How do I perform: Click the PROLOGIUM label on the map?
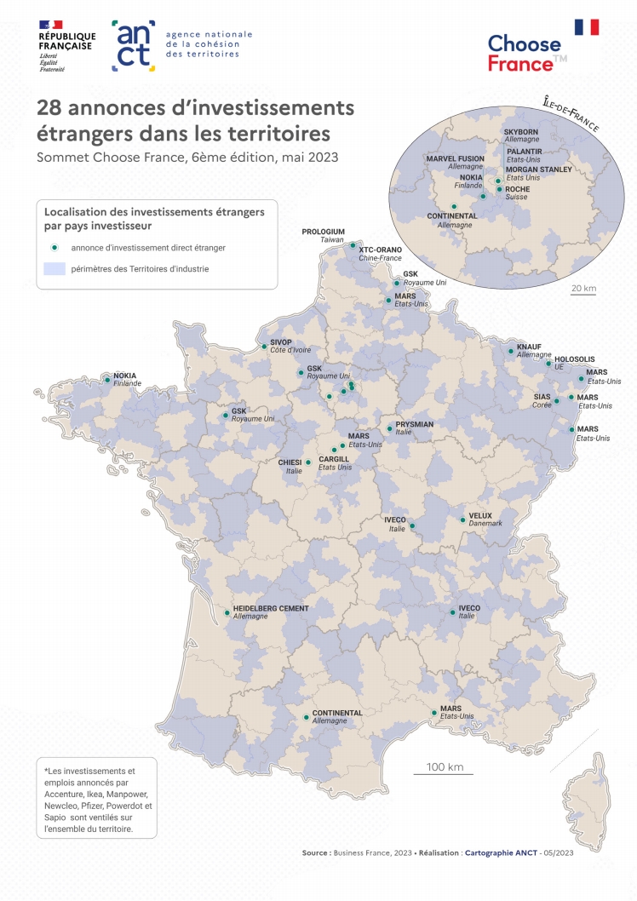coord(324,232)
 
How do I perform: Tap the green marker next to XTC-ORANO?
coord(353,245)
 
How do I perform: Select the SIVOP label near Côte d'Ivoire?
coord(281,342)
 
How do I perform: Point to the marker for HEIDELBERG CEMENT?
coord(227,612)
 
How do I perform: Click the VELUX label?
coord(480,515)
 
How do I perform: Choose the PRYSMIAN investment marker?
coord(389,428)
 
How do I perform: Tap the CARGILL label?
coord(335,459)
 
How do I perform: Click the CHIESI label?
coord(290,462)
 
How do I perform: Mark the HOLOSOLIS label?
coord(574,359)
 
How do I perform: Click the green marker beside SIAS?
coord(556,401)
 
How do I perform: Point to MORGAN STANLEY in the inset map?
coord(538,169)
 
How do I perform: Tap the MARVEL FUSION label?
coord(455,158)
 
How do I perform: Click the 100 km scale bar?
coord(444,773)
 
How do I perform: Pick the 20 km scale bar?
coord(583,296)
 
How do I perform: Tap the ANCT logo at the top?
coord(133,45)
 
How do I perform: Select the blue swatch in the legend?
coord(55,269)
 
